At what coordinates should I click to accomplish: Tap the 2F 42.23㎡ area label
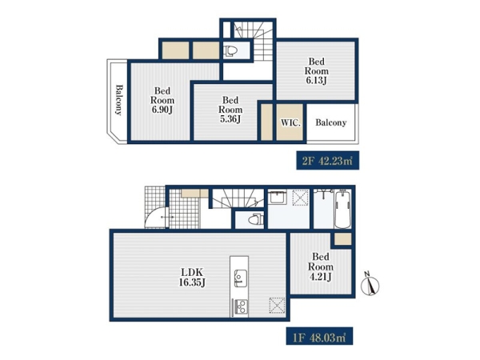tap(327, 161)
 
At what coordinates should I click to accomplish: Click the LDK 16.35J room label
tap(192, 277)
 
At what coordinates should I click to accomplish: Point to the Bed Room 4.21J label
tap(321, 266)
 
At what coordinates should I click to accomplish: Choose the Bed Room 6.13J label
tap(317, 70)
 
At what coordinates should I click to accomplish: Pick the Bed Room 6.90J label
tap(162, 100)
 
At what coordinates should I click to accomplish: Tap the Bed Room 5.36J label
tap(230, 110)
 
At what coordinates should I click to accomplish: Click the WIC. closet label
tap(290, 122)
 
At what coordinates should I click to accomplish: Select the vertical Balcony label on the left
tap(118, 100)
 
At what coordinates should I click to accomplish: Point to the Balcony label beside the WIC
tap(331, 122)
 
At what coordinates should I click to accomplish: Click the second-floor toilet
tap(231, 51)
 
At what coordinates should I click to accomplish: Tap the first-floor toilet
tap(256, 219)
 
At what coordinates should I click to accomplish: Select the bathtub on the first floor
tap(343, 209)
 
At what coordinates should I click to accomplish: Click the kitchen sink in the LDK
tap(241, 278)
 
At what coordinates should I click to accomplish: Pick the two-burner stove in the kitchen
tap(242, 307)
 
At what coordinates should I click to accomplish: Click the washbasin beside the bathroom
tap(278, 197)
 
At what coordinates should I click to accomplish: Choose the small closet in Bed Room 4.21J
tap(342, 239)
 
